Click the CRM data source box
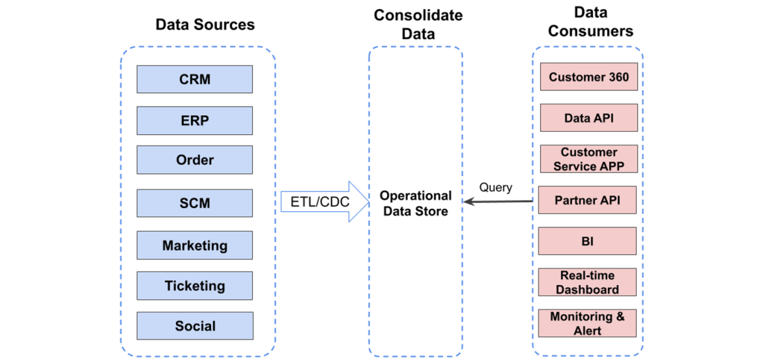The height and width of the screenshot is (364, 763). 194,79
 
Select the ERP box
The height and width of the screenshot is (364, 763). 194,120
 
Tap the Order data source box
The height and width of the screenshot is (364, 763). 194,160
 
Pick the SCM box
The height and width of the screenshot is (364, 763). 194,203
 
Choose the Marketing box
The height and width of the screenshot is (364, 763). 194,246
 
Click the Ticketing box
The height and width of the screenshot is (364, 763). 194,286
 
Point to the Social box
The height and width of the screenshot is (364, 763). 194,326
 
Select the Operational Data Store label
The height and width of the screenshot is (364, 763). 415,203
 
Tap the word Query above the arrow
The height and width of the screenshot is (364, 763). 495,188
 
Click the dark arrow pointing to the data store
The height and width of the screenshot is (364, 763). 498,201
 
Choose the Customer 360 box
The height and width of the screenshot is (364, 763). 589,77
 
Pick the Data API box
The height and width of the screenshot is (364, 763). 589,118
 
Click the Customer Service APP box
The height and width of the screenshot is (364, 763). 589,159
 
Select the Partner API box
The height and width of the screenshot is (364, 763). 587,200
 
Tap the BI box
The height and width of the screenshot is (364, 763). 587,241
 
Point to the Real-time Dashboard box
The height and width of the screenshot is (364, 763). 587,282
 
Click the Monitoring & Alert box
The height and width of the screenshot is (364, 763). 587,323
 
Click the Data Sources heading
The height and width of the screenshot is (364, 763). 205,25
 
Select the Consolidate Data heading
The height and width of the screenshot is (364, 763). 418,24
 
